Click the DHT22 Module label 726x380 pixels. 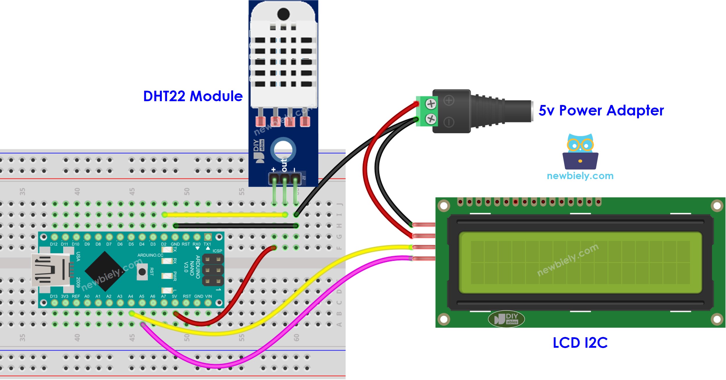click(x=193, y=96)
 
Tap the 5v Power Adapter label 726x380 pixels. click(x=601, y=110)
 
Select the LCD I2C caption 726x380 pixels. click(x=580, y=343)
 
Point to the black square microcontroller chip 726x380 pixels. click(x=104, y=271)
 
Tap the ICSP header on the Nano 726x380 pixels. click(x=213, y=270)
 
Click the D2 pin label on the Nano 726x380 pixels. click(x=164, y=244)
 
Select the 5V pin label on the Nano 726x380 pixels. click(x=174, y=296)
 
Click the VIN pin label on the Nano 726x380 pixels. click(x=208, y=296)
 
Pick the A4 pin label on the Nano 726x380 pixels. click(x=131, y=296)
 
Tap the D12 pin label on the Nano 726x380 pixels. click(x=54, y=244)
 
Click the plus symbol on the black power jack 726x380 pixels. click(x=449, y=101)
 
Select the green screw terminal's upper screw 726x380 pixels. click(x=431, y=104)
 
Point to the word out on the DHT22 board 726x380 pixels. click(x=284, y=165)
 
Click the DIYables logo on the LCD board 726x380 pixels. click(x=506, y=319)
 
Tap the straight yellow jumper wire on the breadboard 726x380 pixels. click(x=224, y=215)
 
